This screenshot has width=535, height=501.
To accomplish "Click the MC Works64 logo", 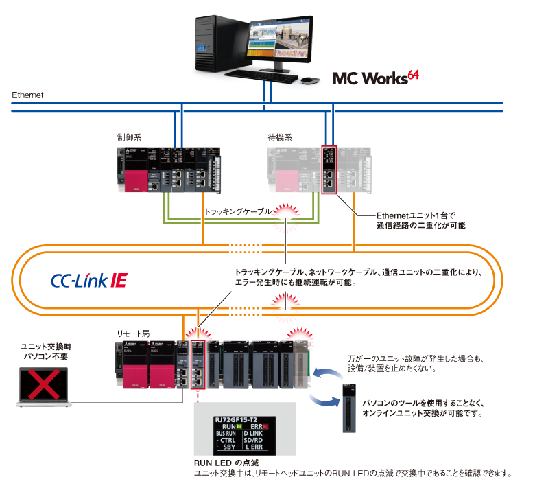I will (374, 77).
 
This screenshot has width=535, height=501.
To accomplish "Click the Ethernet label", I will (27, 95).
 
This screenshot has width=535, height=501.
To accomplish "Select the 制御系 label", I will (129, 137).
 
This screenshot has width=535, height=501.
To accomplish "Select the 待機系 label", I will (280, 137).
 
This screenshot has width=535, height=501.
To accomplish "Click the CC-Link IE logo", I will (88, 280).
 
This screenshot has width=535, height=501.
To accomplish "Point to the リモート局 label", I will (133, 333).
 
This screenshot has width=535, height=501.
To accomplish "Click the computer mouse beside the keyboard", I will (310, 80).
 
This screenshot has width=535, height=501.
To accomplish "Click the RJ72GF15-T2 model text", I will (236, 419).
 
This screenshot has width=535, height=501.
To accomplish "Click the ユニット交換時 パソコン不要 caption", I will (44, 351).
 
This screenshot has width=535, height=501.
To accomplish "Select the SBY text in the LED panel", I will (228, 446).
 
